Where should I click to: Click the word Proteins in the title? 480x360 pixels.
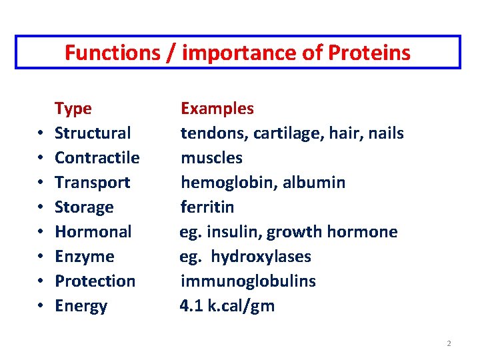(371, 53)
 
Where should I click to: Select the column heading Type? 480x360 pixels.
(73, 109)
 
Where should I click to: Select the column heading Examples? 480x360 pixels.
(217, 109)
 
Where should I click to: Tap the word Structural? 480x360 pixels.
(93, 133)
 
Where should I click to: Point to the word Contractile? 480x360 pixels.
(97, 158)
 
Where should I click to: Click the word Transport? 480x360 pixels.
(92, 183)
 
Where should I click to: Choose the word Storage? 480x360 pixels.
(84, 207)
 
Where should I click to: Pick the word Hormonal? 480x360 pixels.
(93, 232)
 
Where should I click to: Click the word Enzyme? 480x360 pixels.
(85, 257)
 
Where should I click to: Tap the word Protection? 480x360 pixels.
(95, 281)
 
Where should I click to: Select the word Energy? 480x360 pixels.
(81, 306)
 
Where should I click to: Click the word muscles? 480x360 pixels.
(211, 158)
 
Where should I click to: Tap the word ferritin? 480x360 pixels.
(207, 207)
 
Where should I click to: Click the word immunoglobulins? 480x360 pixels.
(248, 281)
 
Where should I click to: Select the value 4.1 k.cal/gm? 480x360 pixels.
(227, 306)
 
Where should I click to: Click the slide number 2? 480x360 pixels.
(449, 343)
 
